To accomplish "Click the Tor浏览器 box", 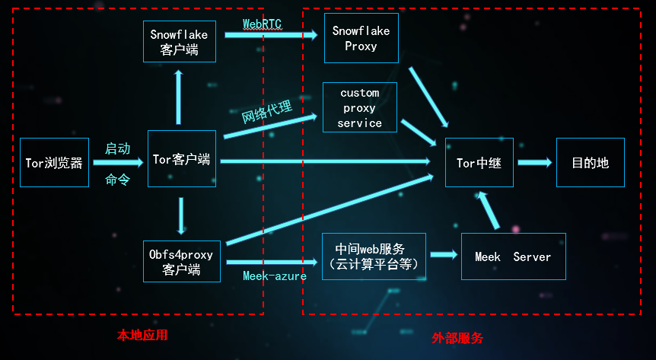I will pos(53,162).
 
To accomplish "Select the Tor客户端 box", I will pos(181,159).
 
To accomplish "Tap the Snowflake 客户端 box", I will pos(179,42).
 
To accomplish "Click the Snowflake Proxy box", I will pos(361,38).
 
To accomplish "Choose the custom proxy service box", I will pos(359,107).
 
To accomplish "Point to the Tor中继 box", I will pos(479,162).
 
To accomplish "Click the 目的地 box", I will pos(590,162).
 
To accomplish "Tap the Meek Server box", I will pos(513,256).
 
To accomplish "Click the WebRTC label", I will pos(262,24).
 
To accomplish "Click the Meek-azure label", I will pos(274,276).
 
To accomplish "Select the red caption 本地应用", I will pos(142,335).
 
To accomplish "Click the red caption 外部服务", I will pos(457,338).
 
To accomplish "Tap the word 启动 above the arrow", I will pos(117,148).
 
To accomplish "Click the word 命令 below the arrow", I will pos(117,180).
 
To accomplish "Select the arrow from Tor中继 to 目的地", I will pos(534,162).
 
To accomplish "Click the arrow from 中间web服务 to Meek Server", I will pos(443,256).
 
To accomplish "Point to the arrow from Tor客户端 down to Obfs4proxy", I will pos(181,215).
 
